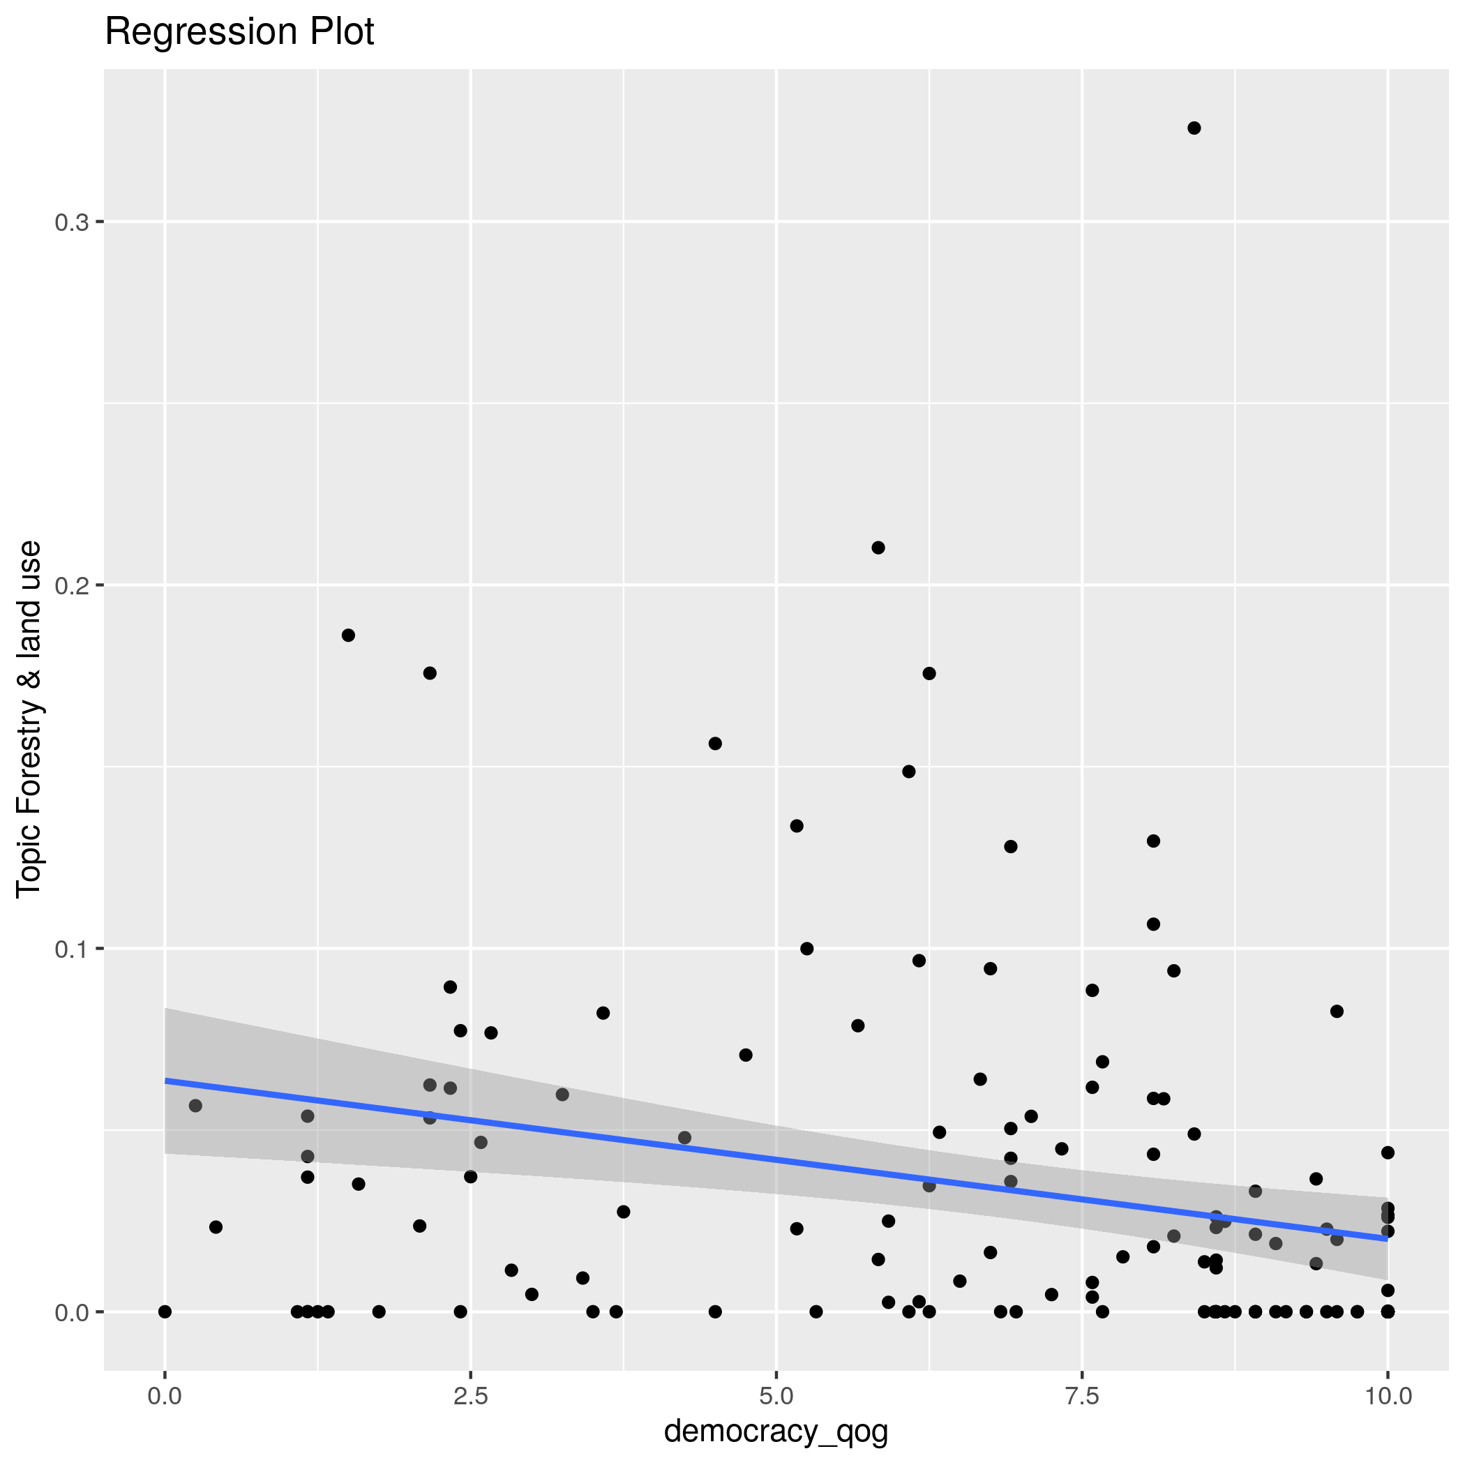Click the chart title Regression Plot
click(239, 33)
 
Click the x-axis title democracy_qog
click(776, 1431)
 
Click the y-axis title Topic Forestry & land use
click(29, 719)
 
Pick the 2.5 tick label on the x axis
click(470, 1396)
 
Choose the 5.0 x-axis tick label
click(776, 1396)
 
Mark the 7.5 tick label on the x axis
click(1082, 1396)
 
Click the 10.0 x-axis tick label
click(1387, 1396)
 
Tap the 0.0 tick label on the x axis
click(165, 1396)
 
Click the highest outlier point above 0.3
click(1194, 128)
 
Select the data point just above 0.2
click(878, 548)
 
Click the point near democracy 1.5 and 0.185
click(348, 636)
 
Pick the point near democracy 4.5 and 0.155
click(715, 743)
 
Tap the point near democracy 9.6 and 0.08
click(1337, 1011)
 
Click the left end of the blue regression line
click(166, 1081)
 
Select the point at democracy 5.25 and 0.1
click(807, 949)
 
